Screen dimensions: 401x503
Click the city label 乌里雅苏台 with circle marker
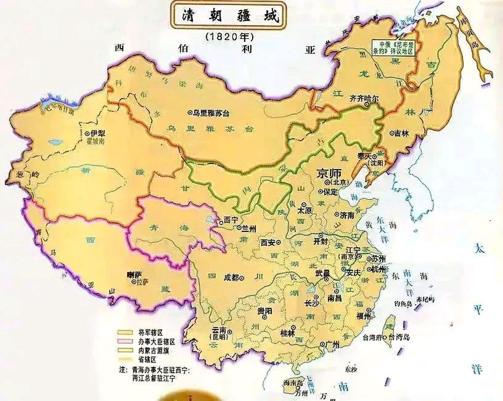point(210,113)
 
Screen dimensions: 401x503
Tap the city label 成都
point(232,277)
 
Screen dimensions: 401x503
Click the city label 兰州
point(249,229)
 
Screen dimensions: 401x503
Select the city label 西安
point(269,242)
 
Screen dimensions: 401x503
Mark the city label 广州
point(332,345)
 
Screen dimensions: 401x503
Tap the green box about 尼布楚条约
point(393,48)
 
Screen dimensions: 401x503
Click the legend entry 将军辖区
point(151,332)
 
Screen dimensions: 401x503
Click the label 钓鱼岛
point(403,303)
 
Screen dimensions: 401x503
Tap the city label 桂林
point(288,333)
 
